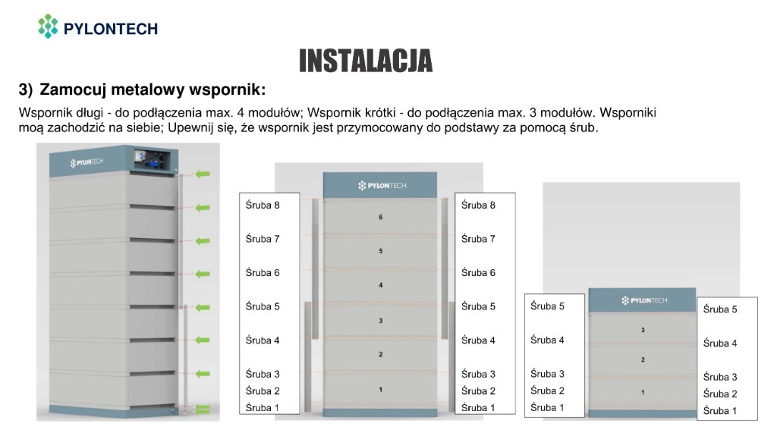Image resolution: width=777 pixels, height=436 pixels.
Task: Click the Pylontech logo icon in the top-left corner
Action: [48, 26]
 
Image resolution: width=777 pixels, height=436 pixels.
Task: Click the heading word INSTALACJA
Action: [366, 61]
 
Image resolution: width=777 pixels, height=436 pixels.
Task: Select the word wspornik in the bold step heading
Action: [228, 90]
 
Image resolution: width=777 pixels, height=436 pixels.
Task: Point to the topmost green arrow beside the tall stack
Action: [201, 174]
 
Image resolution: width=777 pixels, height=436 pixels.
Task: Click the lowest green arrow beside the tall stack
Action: [201, 374]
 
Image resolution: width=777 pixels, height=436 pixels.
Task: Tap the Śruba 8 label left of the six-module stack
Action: [263, 205]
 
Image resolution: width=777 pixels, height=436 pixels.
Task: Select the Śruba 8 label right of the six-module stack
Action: [478, 205]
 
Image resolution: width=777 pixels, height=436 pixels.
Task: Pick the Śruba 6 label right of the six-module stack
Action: [478, 273]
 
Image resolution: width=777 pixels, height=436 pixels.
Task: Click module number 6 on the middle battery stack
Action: [380, 218]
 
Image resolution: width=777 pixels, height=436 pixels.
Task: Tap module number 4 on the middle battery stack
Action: [380, 285]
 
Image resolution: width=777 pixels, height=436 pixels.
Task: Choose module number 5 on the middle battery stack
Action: [380, 251]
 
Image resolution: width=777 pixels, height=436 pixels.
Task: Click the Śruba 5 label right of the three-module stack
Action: [720, 309]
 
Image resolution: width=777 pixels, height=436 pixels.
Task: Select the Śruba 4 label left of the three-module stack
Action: [547, 340]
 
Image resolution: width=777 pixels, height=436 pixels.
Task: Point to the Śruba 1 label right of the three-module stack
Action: [720, 411]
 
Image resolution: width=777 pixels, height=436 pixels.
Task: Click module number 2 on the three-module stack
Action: [643, 359]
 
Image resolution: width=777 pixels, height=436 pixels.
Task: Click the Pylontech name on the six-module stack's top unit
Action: [380, 186]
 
